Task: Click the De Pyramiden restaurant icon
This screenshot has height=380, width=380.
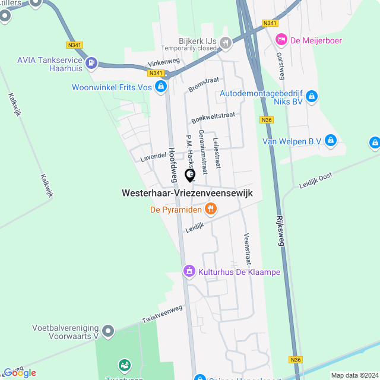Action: [210, 208]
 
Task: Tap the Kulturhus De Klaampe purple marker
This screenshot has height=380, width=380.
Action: [189, 271]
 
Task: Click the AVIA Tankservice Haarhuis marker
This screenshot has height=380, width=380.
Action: [91, 62]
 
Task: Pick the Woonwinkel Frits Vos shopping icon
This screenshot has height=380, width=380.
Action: [160, 87]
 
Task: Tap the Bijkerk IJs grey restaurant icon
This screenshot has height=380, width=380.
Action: [225, 42]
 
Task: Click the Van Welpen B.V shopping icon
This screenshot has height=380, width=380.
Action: [331, 141]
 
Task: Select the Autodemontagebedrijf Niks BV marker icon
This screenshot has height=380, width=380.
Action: [312, 96]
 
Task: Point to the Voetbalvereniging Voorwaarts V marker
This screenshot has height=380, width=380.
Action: [107, 330]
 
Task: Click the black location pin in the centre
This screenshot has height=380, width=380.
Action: [191, 175]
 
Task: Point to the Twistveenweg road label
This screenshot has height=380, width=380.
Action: [161, 314]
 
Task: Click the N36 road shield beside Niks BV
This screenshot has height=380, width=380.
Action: [267, 119]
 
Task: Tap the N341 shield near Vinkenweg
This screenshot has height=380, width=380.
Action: [156, 73]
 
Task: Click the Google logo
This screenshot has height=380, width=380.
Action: [20, 373]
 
